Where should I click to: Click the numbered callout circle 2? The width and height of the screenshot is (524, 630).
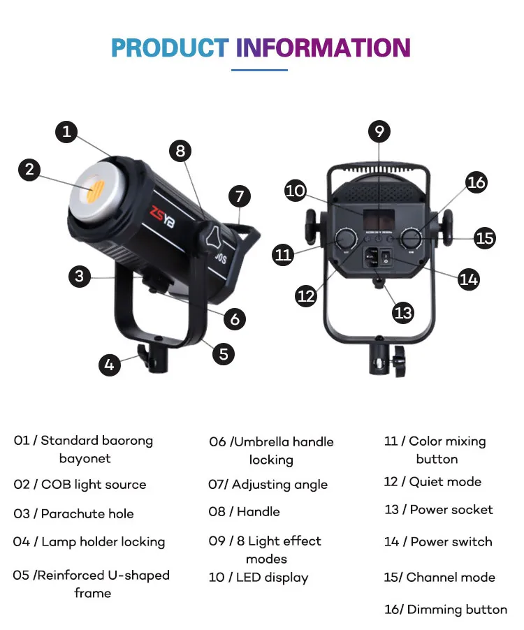point(29,169)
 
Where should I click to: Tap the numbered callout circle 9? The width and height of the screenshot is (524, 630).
point(379,131)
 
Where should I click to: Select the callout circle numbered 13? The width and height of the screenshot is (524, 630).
point(403,312)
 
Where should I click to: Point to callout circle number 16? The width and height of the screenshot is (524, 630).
point(476,182)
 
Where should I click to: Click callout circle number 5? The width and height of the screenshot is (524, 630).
point(223,353)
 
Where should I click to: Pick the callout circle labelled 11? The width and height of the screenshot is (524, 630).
point(283,254)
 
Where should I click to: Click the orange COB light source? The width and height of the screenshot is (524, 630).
point(97,189)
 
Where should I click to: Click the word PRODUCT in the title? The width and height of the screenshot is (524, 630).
point(170,47)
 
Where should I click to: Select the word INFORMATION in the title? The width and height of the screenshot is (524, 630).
point(323,47)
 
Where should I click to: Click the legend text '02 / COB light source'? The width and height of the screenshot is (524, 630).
point(80,485)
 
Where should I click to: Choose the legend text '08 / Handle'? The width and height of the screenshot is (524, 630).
point(244,512)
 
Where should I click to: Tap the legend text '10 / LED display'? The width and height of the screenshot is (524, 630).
point(258,578)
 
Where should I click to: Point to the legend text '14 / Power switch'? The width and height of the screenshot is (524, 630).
point(438,541)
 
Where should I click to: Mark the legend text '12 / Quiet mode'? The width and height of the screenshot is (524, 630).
point(432,482)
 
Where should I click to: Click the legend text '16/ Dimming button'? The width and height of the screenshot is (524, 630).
point(446,610)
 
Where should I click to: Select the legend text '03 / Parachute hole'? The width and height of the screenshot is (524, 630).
point(73,514)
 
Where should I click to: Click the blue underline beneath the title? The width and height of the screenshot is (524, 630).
point(259,70)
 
